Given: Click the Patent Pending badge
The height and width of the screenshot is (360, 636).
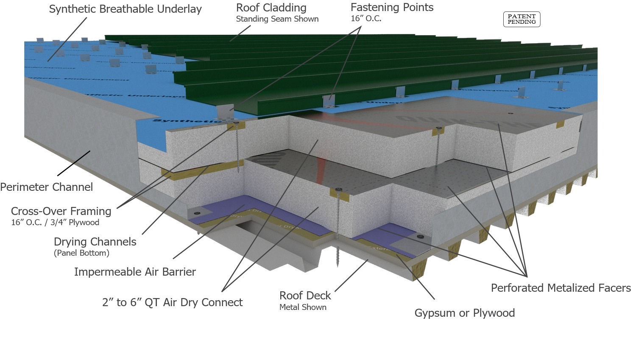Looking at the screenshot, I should coord(522,19).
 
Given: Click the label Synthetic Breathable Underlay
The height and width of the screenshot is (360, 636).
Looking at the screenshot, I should coord(125,9).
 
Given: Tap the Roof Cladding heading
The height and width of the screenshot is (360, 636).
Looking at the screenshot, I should coord(271,8).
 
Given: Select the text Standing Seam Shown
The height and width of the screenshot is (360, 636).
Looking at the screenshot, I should coord(277,19).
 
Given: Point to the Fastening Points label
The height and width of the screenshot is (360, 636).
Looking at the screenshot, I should coord(392,8).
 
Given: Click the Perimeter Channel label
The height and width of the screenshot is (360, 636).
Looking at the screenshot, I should coord(46,187).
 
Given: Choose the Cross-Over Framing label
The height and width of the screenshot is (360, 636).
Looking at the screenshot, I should coord(61,211).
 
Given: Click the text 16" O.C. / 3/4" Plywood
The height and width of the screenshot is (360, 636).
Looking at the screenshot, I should coord(55,223).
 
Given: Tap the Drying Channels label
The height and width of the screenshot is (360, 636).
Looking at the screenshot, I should coord(95,242).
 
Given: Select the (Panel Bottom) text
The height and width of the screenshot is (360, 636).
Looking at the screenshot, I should coord(81,253).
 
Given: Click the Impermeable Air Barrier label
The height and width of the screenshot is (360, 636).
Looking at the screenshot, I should coord(135,272).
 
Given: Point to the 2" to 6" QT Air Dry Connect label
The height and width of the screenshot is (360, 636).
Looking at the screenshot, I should coord(172,302).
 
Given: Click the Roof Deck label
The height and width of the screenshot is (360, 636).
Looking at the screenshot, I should coord(305,296).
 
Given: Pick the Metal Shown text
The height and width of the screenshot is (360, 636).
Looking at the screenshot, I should coord(303,307).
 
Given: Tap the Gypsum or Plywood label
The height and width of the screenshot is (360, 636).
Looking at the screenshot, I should coord(464,313).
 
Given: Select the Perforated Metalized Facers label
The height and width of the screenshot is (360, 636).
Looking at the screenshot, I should coord(561,288).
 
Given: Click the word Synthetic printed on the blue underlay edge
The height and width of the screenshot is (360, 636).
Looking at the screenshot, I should coord(171,121).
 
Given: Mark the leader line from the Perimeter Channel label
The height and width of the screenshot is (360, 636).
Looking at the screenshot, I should coord(74,163).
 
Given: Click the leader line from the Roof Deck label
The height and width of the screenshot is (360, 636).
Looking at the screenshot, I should coord(351,276).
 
